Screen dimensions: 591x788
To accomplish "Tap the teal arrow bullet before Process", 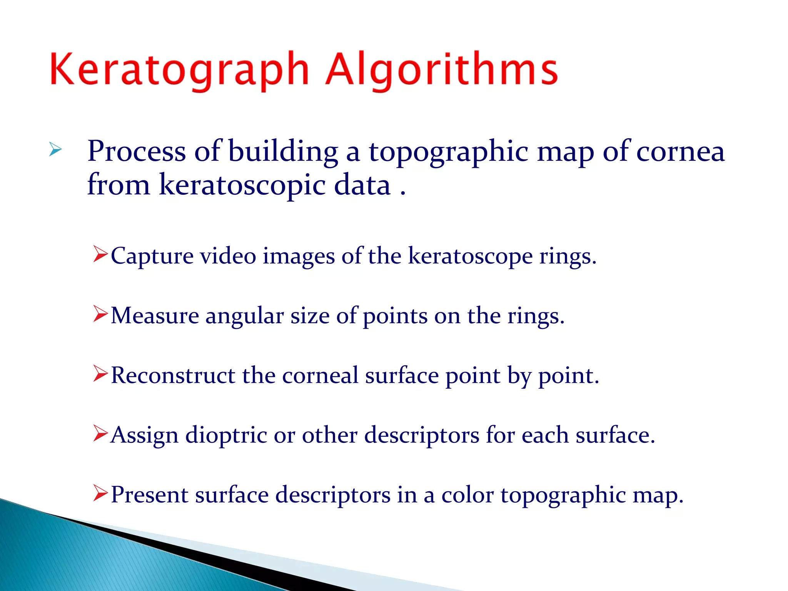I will pos(55,150).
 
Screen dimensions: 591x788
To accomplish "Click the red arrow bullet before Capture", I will pos(100,255).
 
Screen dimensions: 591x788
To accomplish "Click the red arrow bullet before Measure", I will pos(100,314).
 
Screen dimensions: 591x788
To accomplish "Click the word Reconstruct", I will pos(173,376).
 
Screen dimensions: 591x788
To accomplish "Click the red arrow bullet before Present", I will pos(100,493).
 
